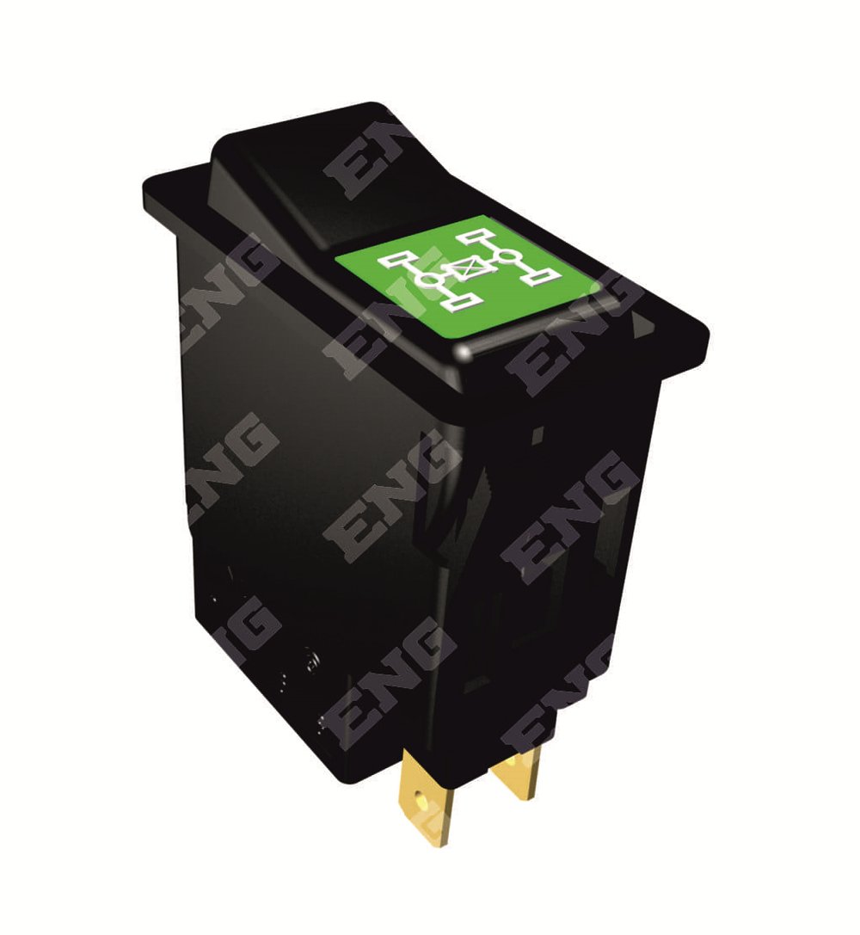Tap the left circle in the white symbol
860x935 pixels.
tap(429, 279)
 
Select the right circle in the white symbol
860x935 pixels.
tap(507, 257)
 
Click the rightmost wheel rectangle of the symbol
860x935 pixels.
tap(542, 275)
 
